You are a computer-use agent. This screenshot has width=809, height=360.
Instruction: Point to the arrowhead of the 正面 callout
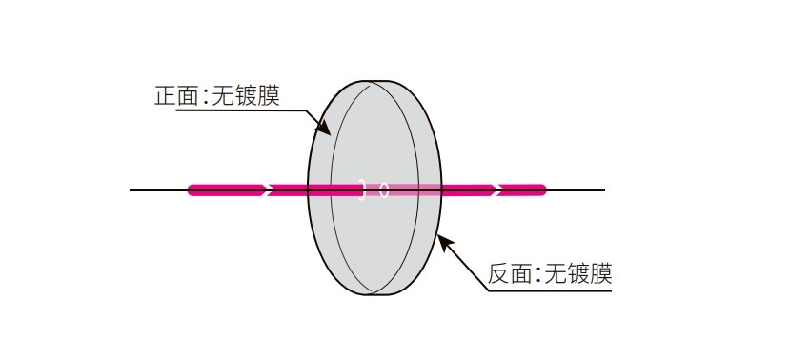(x=326, y=130)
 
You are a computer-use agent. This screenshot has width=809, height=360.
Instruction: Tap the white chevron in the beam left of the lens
(x=268, y=190)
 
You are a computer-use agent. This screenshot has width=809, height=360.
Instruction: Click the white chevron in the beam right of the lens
(x=497, y=190)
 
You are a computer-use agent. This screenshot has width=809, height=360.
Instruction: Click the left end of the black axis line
(x=131, y=190)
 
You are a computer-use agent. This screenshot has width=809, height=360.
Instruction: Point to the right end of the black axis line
(x=603, y=190)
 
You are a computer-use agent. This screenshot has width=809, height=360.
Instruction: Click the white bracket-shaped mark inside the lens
(x=362, y=190)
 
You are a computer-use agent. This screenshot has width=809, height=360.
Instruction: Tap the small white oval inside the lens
(x=384, y=190)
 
